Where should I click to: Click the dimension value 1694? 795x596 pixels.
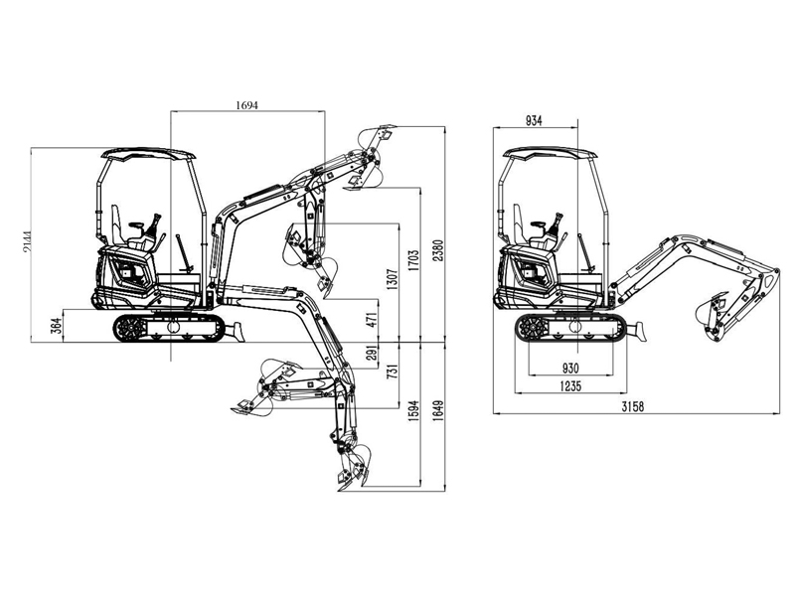(246, 105)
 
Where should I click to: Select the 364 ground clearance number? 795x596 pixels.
(56, 326)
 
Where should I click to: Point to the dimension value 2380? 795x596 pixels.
(438, 250)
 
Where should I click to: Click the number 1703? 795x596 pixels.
(413, 260)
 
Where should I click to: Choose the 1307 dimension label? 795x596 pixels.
(392, 279)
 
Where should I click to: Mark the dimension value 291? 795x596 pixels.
(372, 353)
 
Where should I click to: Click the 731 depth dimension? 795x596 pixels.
(392, 372)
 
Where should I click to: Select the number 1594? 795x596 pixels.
(413, 411)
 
